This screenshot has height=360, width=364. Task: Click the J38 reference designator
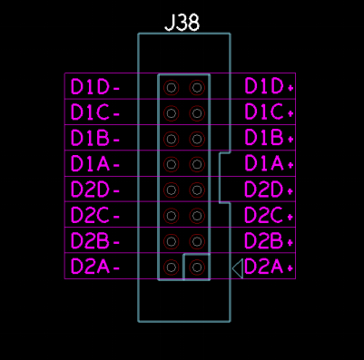[182, 23]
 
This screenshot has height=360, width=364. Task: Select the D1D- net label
[95, 87]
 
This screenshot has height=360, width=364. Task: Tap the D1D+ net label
[269, 86]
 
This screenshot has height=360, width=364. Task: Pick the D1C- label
[95, 112]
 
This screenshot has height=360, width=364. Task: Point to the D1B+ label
[269, 138]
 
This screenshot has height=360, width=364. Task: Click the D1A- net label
[95, 164]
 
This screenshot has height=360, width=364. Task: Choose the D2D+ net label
[269, 190]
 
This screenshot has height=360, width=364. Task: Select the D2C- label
[95, 215]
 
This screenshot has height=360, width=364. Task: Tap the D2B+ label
[269, 240]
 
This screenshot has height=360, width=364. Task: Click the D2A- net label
[95, 267]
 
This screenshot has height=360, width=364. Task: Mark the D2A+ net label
[269, 267]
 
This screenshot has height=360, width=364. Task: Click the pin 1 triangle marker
[238, 268]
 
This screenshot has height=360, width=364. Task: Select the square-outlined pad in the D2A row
[197, 268]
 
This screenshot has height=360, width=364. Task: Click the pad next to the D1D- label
[172, 88]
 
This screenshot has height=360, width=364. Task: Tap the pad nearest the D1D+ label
[197, 88]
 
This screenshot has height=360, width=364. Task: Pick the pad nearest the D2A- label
[172, 268]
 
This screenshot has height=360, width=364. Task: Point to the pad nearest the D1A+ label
[197, 164]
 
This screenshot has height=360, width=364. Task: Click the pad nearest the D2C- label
[172, 216]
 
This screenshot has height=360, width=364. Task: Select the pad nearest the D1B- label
[172, 139]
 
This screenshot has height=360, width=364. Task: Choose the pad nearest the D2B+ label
[197, 241]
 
